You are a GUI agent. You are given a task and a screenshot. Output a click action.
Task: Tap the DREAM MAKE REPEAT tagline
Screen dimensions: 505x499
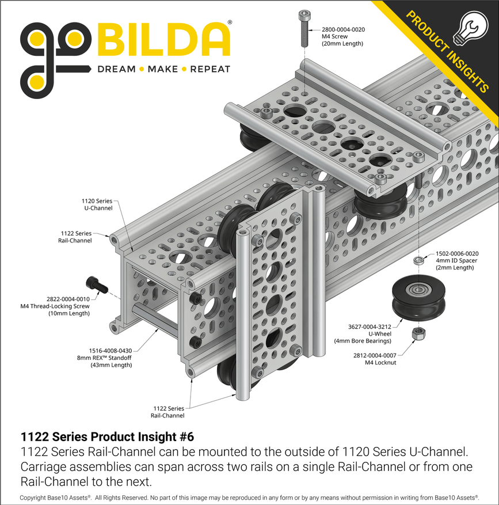tap(163, 69)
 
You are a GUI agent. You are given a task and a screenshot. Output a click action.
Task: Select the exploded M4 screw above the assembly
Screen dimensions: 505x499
tap(303, 28)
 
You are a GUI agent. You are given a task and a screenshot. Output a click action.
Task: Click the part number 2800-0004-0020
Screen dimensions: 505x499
tap(343, 29)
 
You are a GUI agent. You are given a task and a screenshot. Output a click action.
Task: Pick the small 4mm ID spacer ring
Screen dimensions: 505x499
tap(420, 261)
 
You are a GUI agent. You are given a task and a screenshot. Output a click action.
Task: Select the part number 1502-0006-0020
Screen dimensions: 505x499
tap(457, 253)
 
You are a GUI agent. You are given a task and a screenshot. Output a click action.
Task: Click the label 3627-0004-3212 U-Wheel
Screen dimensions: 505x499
tap(367, 327)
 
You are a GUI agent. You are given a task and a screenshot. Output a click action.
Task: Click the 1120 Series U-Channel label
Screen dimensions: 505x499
tap(97, 204)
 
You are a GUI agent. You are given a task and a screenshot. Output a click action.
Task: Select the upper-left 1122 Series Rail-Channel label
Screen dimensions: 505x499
tap(76, 237)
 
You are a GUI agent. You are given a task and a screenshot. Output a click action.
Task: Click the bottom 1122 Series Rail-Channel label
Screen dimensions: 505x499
tap(167, 412)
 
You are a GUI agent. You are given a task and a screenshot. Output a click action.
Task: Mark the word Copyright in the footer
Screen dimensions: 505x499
tap(34, 497)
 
